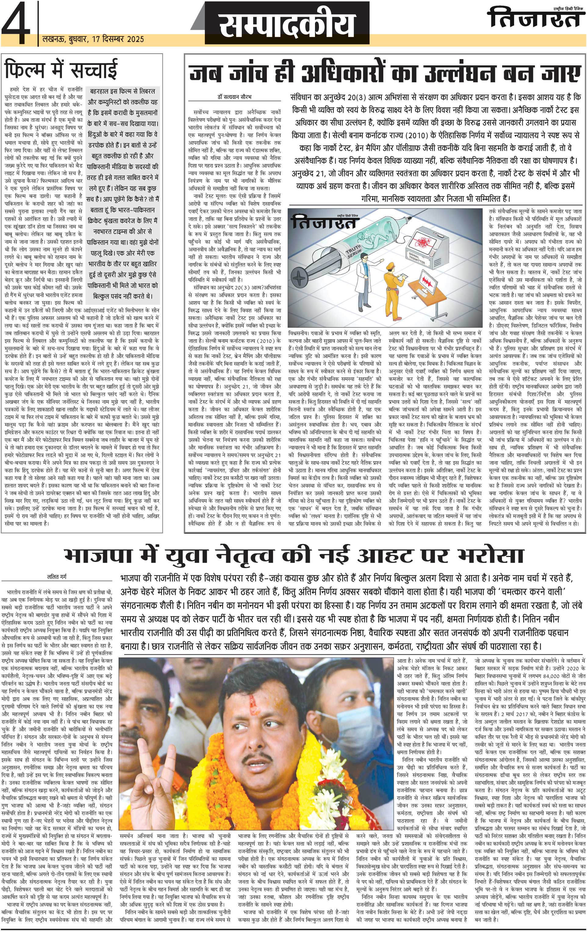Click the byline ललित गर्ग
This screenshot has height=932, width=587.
click(x=57, y=577)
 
